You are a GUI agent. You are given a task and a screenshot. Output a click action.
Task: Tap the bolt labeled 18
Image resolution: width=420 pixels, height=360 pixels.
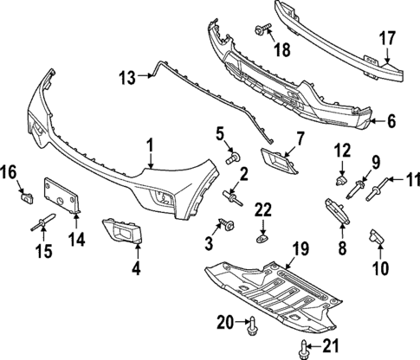[261, 32]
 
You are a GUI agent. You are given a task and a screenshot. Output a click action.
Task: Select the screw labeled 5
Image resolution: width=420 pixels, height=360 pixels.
[231, 158]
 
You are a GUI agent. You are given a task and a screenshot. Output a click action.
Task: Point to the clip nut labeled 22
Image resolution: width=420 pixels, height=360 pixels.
[262, 235]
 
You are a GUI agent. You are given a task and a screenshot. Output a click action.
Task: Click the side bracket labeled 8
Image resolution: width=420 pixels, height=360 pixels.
[334, 212]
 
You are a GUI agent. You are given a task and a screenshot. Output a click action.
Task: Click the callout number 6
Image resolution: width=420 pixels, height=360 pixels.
[391, 122]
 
